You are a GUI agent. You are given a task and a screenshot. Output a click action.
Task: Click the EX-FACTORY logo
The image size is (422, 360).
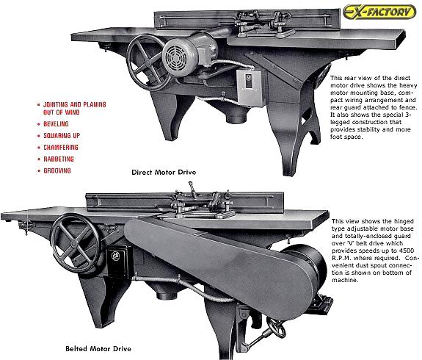(379, 12)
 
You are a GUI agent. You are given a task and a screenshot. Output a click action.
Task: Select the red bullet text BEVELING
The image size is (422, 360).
(56, 124)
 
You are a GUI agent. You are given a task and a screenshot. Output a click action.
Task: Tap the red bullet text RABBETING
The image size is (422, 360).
(59, 159)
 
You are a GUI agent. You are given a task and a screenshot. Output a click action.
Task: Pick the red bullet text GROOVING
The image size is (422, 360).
(57, 170)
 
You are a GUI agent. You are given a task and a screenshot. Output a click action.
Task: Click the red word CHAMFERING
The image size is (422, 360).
(61, 148)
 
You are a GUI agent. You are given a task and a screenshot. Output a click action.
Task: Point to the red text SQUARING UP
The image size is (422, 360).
(62, 135)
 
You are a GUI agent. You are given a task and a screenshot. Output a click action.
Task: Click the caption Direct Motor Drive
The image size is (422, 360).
(164, 172)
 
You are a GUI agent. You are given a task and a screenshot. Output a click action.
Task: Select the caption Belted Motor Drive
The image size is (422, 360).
(98, 349)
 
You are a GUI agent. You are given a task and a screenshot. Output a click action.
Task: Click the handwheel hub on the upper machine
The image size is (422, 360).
(148, 62)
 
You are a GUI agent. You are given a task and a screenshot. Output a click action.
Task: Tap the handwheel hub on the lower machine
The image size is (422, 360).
(73, 243)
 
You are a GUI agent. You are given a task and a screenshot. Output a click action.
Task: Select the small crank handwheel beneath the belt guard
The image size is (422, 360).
(276, 327)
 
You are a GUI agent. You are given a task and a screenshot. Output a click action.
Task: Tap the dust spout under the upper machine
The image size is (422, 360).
(236, 118)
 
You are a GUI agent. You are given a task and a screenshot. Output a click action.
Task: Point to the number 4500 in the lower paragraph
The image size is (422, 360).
(406, 251)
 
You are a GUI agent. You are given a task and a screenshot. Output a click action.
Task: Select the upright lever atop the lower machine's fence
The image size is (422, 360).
(193, 188)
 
